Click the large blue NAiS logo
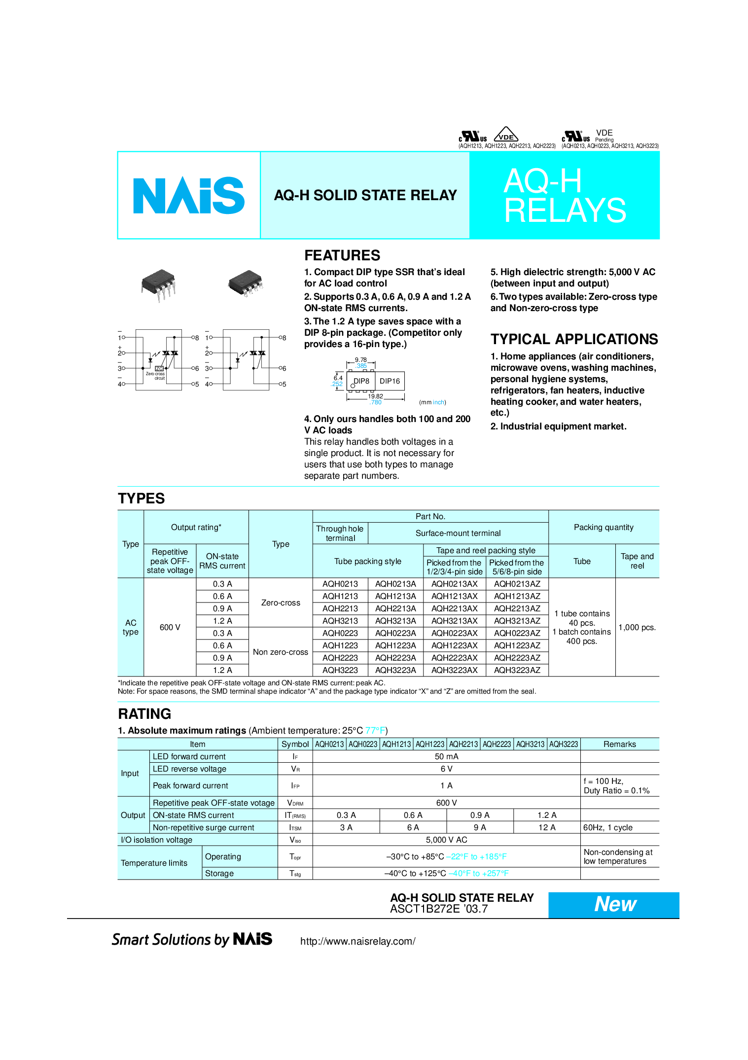(189, 195)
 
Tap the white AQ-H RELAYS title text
(565, 196)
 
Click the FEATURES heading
(342, 255)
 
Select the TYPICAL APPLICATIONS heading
(574, 339)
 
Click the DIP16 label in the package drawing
(390, 381)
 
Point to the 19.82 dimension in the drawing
(375, 396)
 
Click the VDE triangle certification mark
(506, 135)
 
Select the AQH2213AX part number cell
(455, 608)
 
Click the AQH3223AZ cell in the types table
(517, 670)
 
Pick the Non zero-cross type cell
(281, 652)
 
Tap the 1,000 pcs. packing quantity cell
(637, 627)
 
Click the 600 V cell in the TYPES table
(170, 627)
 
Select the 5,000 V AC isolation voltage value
(447, 840)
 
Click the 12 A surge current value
(547, 827)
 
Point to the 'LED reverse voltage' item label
(189, 769)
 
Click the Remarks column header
(620, 744)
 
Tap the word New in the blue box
(615, 904)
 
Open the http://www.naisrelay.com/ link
(357, 941)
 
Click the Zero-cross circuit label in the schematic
(155, 376)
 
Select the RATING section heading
(144, 714)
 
